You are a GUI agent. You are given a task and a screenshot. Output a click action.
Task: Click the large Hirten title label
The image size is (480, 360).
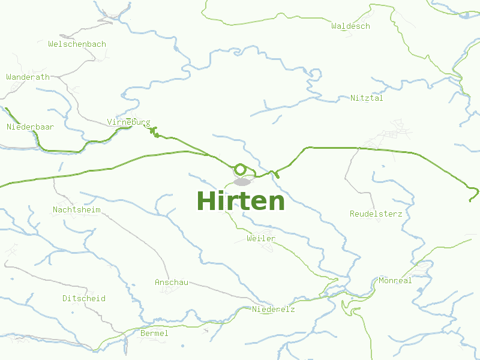(241, 201)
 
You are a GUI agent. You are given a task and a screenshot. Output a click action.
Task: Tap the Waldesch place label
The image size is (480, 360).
(350, 26)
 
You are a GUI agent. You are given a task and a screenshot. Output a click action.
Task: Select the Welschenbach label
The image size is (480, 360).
(77, 44)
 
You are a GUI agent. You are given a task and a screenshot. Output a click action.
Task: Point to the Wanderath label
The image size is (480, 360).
(28, 77)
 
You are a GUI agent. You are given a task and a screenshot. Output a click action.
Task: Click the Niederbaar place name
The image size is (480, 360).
(30, 127)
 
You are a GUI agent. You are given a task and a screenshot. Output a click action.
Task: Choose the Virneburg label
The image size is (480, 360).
(128, 122)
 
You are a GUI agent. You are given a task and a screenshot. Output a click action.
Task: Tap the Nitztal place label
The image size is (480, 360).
(367, 98)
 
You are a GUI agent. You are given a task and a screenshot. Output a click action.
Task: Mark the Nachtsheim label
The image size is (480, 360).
(77, 210)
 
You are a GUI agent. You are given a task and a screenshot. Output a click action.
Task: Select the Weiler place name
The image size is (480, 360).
(261, 239)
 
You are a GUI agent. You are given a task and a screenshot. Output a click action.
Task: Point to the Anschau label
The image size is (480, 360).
(172, 283)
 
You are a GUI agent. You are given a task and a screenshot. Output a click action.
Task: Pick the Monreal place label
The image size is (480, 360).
(395, 281)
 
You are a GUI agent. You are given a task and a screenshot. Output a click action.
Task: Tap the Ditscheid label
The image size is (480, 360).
(84, 299)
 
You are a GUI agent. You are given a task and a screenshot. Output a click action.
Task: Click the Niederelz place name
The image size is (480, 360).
(274, 310)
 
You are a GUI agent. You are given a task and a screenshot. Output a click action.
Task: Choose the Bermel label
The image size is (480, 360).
(154, 334)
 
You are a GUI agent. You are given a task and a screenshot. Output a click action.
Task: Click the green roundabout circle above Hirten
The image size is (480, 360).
(240, 169)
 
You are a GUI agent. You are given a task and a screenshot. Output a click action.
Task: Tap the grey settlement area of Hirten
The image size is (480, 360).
(243, 182)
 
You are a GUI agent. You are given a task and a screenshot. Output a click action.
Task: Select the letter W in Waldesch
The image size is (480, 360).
(334, 26)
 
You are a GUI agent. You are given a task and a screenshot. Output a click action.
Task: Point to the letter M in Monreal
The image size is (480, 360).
(382, 281)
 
